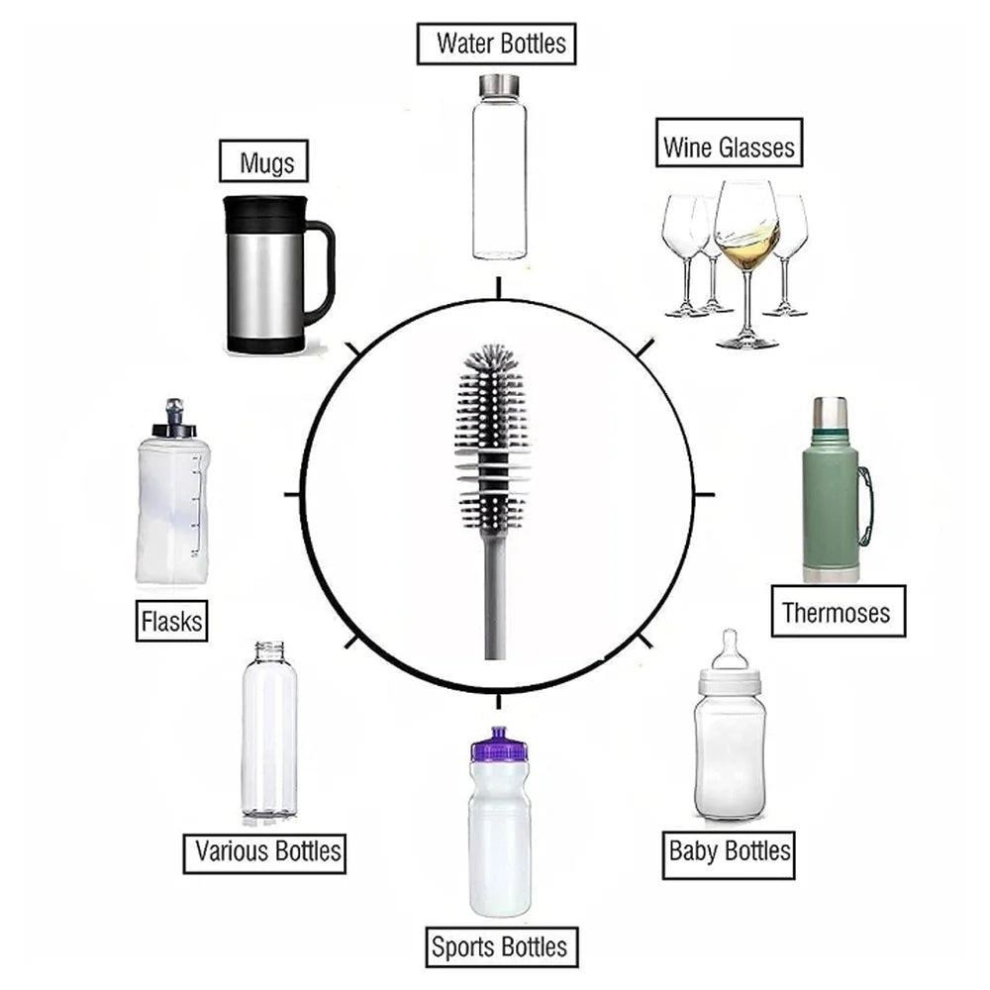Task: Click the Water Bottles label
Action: pos(496,44)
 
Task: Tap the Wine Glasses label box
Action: pos(729,148)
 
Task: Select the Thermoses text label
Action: pos(837,611)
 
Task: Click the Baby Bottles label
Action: pos(730,850)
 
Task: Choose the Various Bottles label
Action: pos(265,850)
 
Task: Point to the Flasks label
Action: pos(172,621)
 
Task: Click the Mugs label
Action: pos(266,161)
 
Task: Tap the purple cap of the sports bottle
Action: pos(498,744)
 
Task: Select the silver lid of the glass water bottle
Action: pos(500,85)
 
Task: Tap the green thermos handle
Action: pos(865,505)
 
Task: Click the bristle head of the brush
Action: pos(491,416)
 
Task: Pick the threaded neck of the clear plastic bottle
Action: pos(269,651)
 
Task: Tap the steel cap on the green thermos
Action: pos(830,411)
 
